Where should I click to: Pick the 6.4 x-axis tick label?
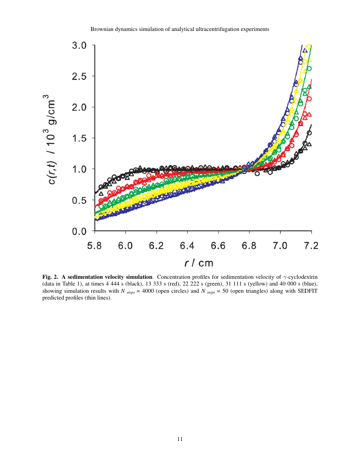tap(188, 246)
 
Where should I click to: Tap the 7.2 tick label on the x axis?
tap(311, 246)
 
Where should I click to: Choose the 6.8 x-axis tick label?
tap(249, 246)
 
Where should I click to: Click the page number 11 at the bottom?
tap(180, 439)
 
